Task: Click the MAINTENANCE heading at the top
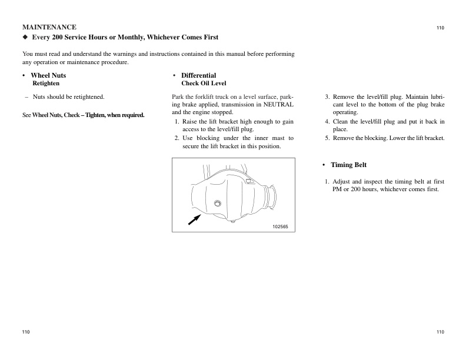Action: tap(49, 27)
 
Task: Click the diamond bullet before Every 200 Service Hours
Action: tap(25, 37)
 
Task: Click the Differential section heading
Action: tap(198, 75)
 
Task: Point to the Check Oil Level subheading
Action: tap(204, 84)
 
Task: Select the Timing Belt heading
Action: tap(348, 165)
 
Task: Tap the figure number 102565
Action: tap(280, 226)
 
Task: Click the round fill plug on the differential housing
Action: tap(218, 204)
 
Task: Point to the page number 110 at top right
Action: tap(440, 28)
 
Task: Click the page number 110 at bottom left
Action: tap(26, 332)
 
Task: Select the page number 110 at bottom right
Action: tap(440, 332)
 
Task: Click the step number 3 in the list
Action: tap(327, 96)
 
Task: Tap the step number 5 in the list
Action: tap(327, 138)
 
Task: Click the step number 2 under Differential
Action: tap(177, 138)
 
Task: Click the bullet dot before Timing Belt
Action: tap(324, 165)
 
